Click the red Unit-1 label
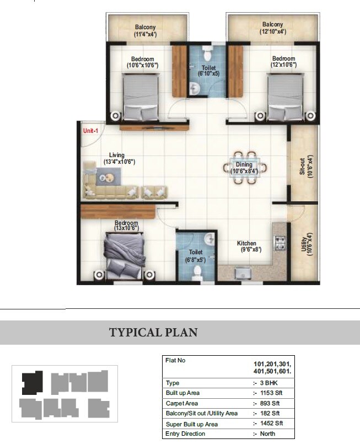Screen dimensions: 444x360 90,131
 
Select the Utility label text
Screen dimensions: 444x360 307,243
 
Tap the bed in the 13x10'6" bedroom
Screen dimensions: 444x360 125,255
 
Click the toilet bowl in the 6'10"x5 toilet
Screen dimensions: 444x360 207,54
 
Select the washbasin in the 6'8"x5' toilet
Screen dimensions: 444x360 209,238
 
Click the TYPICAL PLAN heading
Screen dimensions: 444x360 153,333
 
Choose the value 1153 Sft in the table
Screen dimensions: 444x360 271,393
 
